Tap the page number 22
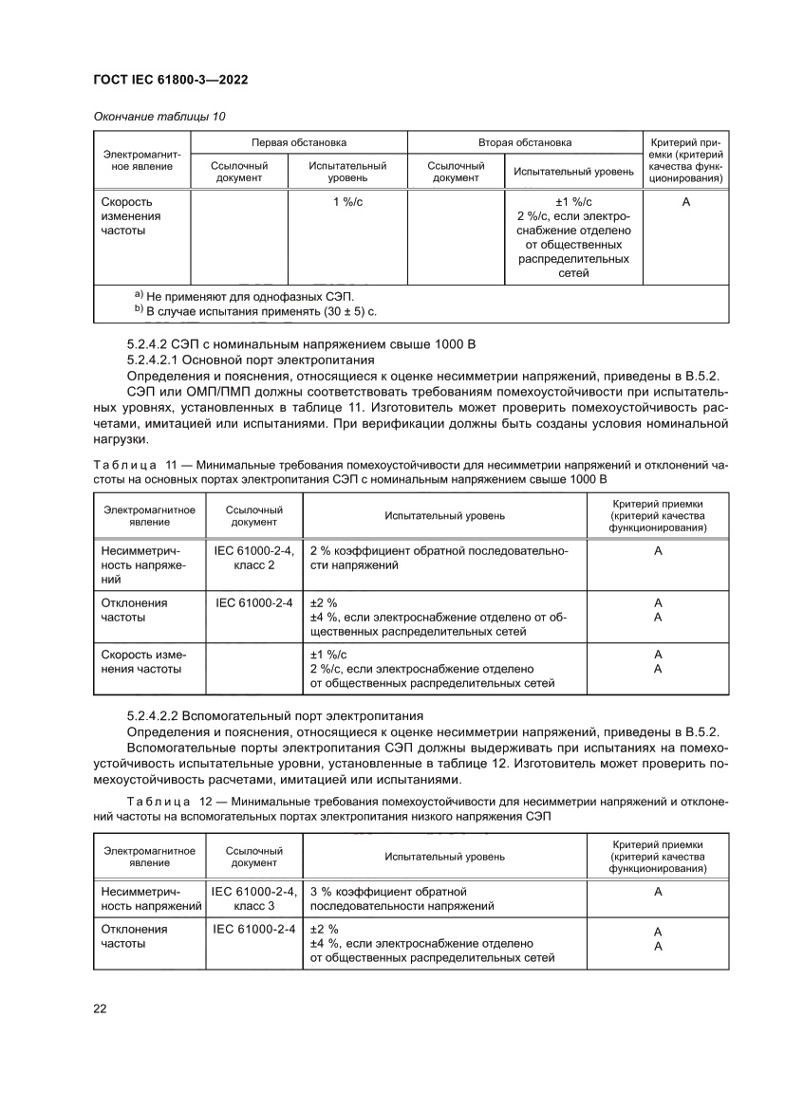click(x=100, y=1007)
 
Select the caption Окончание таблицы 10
click(x=159, y=116)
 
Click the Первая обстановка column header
click(x=299, y=142)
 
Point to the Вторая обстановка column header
click(x=524, y=142)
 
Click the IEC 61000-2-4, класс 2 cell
click(x=253, y=557)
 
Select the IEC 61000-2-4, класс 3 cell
click(x=253, y=898)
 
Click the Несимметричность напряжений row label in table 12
click(x=149, y=898)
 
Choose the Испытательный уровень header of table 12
click(x=444, y=857)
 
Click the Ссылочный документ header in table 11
click(x=253, y=515)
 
